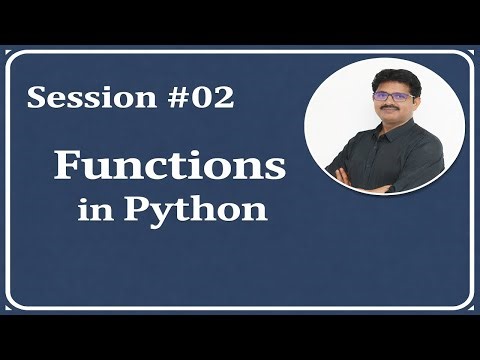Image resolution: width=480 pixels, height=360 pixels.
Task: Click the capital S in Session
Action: pyautogui.click(x=37, y=98)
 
